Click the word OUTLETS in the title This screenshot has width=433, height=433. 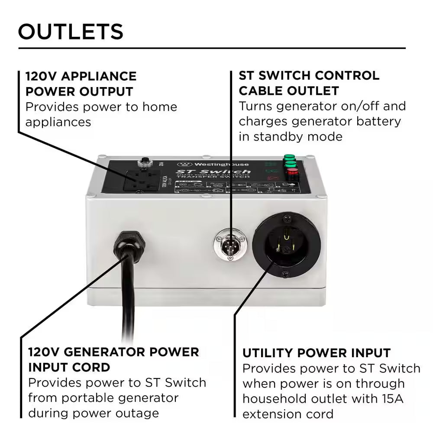[x=71, y=32]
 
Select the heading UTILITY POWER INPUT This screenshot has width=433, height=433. [x=317, y=353]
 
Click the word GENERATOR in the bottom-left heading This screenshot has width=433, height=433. [x=107, y=352]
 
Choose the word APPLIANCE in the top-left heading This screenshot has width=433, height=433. [x=99, y=76]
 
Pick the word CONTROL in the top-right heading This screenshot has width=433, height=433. [x=346, y=75]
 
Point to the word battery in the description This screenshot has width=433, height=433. [x=379, y=121]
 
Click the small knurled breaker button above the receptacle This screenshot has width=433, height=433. [x=142, y=162]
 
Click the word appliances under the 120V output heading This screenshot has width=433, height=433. [x=58, y=122]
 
